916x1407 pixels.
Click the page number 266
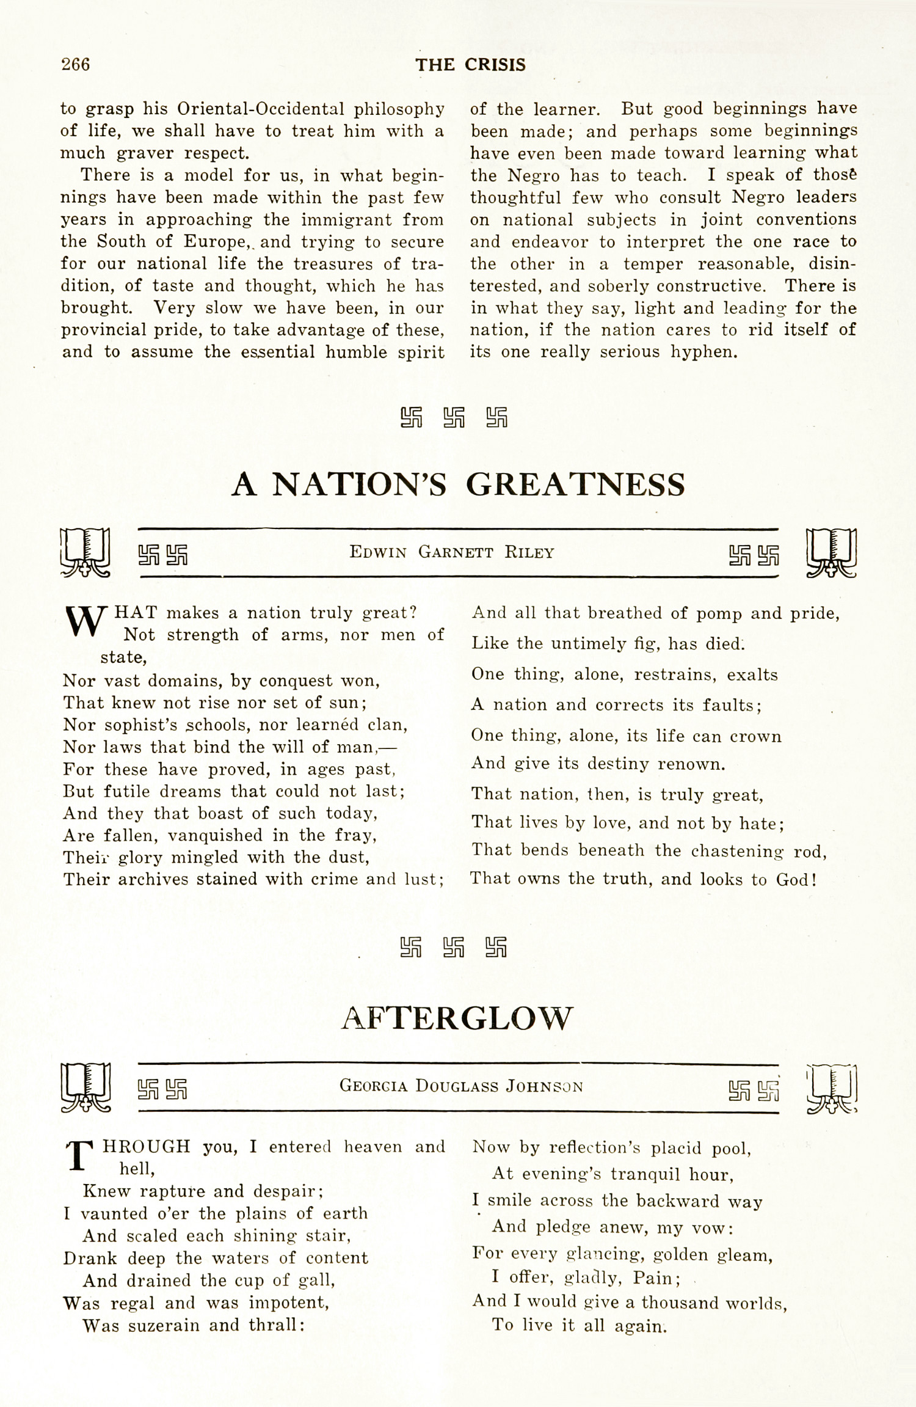point(76,64)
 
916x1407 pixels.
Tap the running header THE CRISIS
point(470,65)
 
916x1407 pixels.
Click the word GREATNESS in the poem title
point(575,484)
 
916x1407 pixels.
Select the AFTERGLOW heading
point(457,1018)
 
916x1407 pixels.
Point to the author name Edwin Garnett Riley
point(452,552)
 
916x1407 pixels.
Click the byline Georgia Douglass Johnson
point(461,1086)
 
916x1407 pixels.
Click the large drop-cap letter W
point(86,621)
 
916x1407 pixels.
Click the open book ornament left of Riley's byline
point(85,552)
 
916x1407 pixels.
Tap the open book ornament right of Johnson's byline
point(832,1087)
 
